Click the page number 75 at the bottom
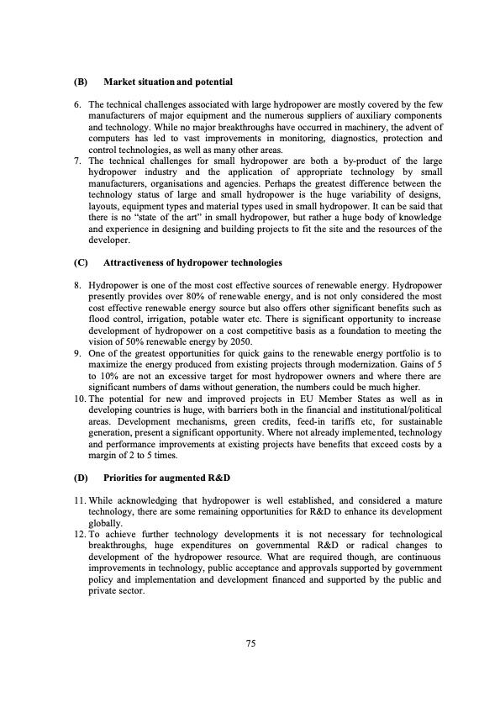pos(250,643)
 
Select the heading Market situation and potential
pos(167,82)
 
